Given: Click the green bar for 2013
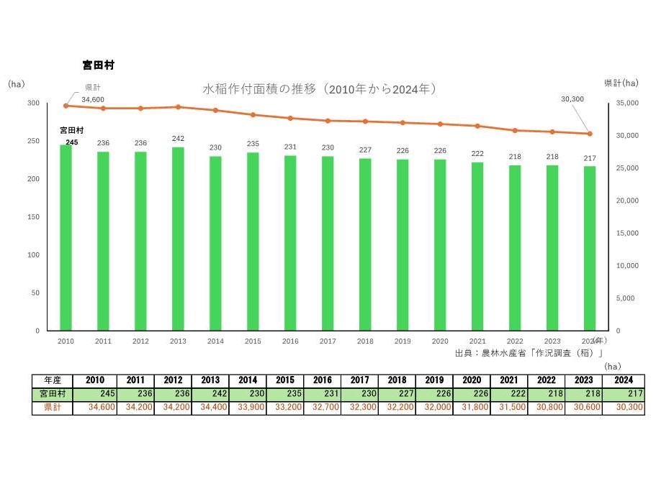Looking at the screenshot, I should (x=178, y=239).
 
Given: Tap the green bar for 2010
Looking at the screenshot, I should (x=66, y=237).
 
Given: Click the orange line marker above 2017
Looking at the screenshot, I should (x=328, y=121).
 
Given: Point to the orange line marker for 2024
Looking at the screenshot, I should (x=590, y=134).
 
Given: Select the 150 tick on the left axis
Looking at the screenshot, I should (x=34, y=217).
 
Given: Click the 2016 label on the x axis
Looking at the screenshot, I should (x=290, y=341).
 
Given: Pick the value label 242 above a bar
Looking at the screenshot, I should (x=178, y=139).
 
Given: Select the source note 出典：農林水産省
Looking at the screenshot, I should (x=529, y=353).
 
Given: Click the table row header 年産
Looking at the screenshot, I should (x=52, y=380).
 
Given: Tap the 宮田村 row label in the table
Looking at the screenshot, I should (x=52, y=394).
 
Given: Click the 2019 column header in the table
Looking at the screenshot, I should (x=433, y=380).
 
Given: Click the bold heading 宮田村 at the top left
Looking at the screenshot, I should (x=99, y=65).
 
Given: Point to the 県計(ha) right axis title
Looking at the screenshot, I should (x=621, y=83).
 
